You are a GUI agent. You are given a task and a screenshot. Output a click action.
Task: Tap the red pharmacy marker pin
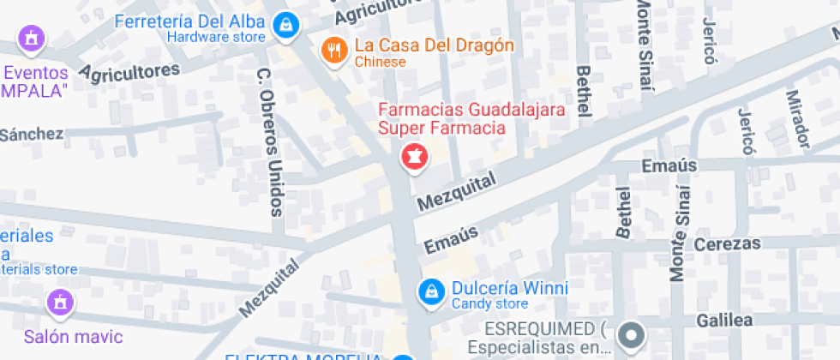[414, 158]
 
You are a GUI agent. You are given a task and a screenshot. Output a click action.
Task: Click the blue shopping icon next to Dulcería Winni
[430, 293]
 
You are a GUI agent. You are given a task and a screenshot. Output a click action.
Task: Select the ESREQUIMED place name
[532, 330]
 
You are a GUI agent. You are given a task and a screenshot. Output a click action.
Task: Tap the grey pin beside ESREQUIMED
[633, 335]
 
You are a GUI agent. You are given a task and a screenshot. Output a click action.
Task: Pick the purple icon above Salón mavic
[60, 302]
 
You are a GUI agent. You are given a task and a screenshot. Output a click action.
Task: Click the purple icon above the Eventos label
[32, 39]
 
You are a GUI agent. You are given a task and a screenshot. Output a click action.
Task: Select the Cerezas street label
[727, 243]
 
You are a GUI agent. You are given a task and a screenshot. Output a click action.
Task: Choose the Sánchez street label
[32, 134]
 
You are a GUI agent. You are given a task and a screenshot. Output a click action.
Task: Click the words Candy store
[489, 304]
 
